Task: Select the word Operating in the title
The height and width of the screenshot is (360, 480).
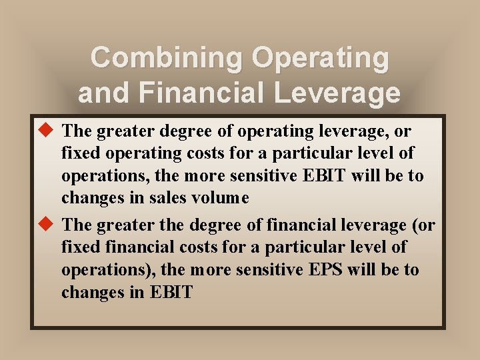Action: click(x=320, y=57)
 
